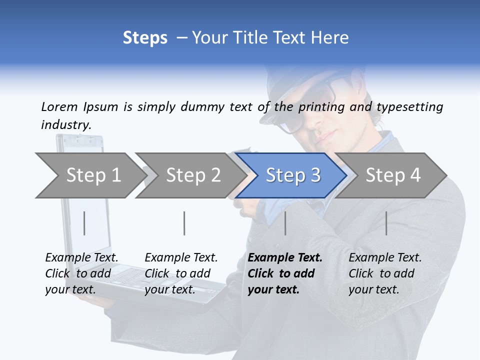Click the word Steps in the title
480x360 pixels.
click(x=145, y=38)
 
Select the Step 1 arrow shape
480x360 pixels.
click(x=90, y=175)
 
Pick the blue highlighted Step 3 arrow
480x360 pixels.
click(x=292, y=175)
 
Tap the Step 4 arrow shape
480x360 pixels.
click(x=392, y=175)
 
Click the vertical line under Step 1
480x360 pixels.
click(x=84, y=223)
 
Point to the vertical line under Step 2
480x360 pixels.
click(x=184, y=223)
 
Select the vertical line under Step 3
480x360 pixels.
click(x=285, y=223)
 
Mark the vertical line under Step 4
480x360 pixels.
click(x=386, y=223)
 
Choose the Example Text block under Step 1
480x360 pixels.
click(x=81, y=273)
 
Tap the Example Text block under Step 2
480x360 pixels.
click(x=181, y=273)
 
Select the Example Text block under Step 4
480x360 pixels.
click(x=385, y=273)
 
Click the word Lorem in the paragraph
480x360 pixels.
click(x=59, y=106)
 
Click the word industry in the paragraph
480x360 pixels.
click(x=65, y=125)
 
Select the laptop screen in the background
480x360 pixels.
click(x=85, y=200)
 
